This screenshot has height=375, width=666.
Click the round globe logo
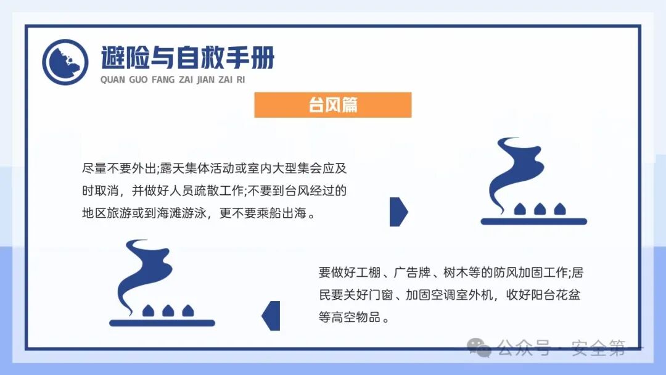pyautogui.click(x=65, y=62)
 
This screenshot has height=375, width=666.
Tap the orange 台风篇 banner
pyautogui.click(x=332, y=105)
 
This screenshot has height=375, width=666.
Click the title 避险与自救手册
pyautogui.click(x=187, y=58)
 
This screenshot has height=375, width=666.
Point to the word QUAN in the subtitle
pyautogui.click(x=112, y=80)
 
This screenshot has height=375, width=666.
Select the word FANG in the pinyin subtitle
pyautogui.click(x=163, y=80)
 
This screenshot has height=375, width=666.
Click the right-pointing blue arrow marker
pyautogui.click(x=398, y=212)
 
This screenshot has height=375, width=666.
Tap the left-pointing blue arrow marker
pyautogui.click(x=271, y=315)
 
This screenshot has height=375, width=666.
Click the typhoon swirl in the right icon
pyautogui.click(x=517, y=170)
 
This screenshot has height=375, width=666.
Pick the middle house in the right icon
pyautogui.click(x=540, y=209)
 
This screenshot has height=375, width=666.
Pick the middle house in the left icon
pyautogui.click(x=168, y=310)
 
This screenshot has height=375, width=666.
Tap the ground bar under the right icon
pyautogui.click(x=533, y=221)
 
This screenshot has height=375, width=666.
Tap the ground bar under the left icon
pyautogui.click(x=162, y=323)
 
